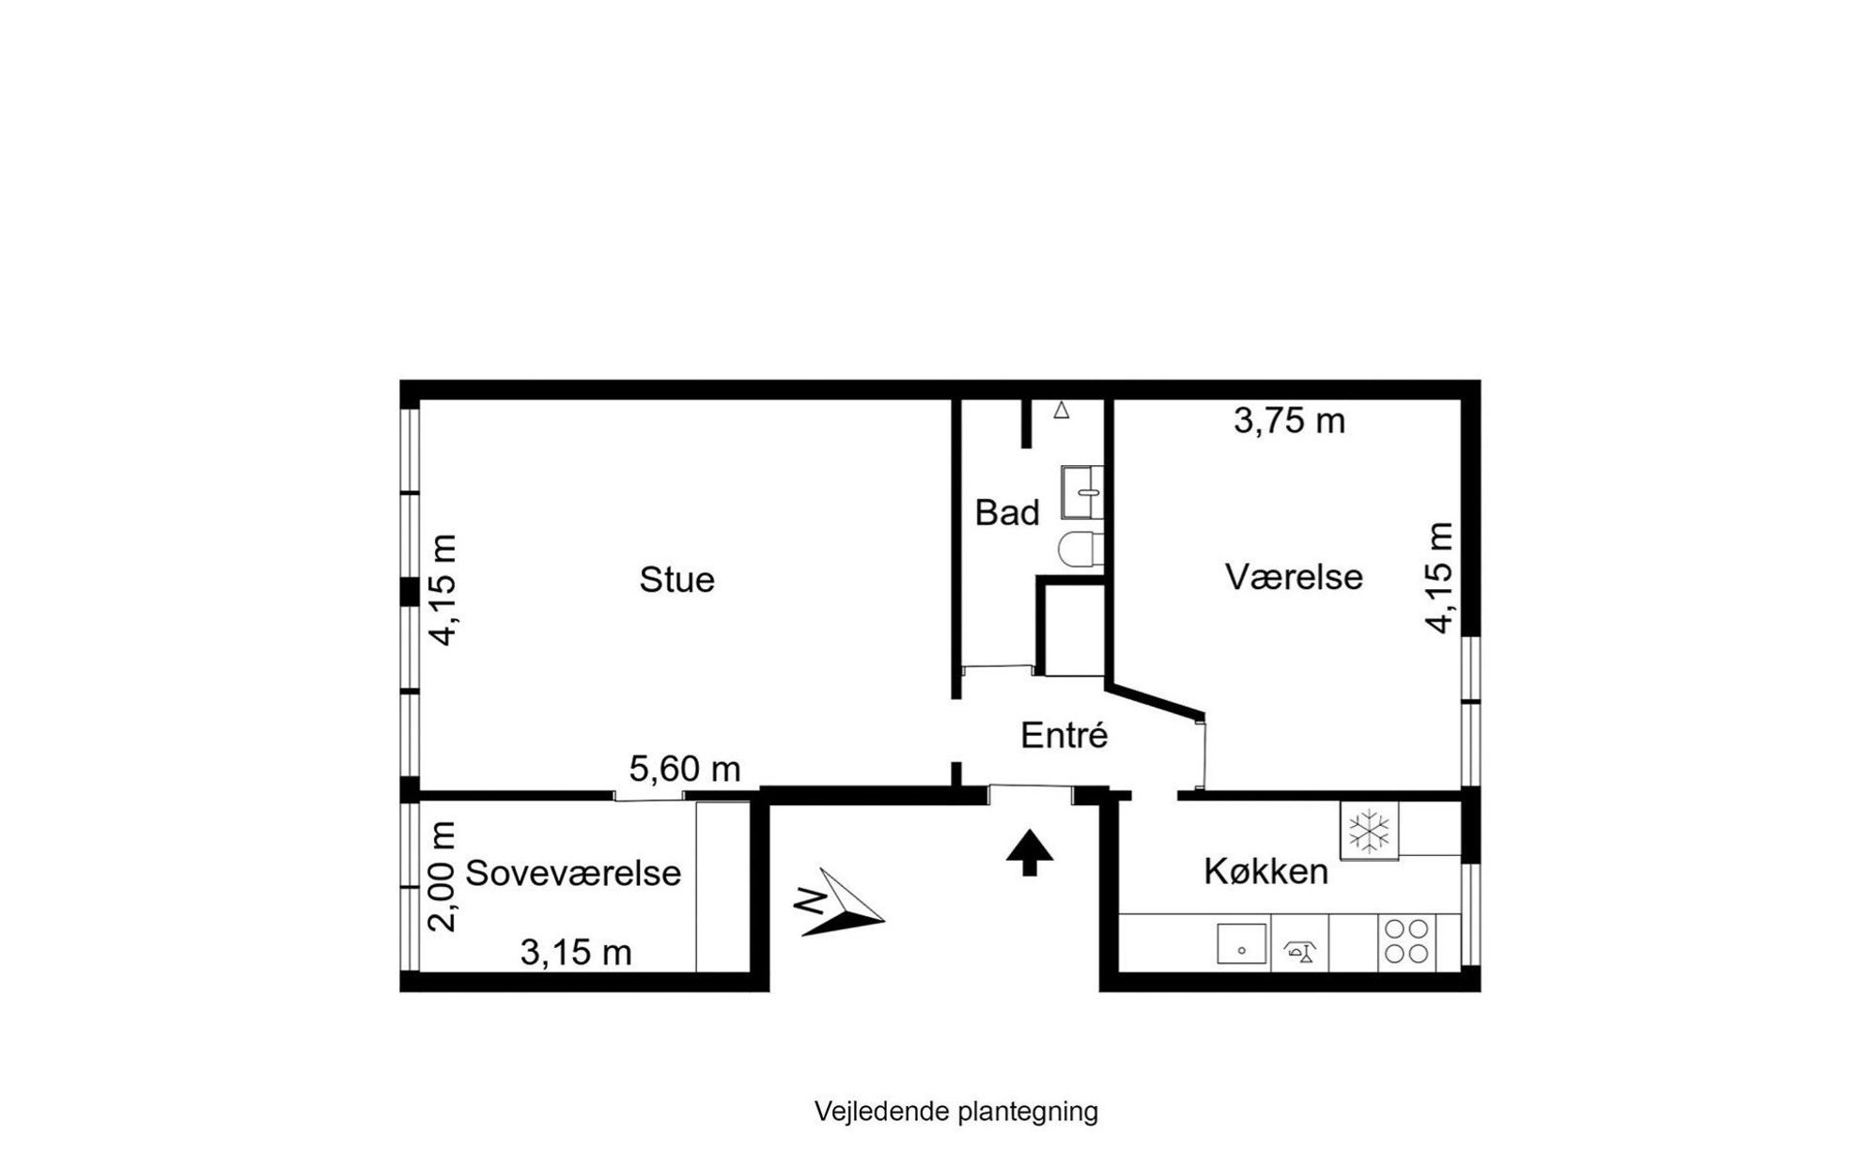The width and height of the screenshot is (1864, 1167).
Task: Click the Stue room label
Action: [x=676, y=579]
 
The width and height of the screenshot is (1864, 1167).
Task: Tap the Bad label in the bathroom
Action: [x=1007, y=513]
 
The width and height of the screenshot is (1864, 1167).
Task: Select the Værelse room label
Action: [x=1294, y=576]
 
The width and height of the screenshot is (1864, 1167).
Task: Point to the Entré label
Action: [x=1064, y=735]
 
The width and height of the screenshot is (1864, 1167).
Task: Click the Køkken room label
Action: [x=1266, y=871]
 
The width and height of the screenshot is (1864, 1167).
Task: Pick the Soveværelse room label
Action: [x=573, y=873]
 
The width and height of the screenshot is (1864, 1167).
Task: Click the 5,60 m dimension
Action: [x=685, y=770]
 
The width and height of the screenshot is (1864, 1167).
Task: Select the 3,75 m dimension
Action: [x=1289, y=421]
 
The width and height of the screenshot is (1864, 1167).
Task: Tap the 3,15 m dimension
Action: [x=576, y=953]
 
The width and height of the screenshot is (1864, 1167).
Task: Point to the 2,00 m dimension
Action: [x=442, y=877]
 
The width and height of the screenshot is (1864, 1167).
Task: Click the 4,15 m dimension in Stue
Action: [x=443, y=590]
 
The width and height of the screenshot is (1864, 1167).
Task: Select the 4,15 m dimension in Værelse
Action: [x=1438, y=578]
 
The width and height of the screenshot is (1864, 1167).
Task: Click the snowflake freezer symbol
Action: [x=1369, y=831]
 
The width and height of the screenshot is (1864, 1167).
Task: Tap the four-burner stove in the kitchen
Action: [x=1406, y=941]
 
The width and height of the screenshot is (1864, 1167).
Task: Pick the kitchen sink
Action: [x=1241, y=943]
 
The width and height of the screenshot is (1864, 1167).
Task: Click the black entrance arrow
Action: [x=1030, y=852]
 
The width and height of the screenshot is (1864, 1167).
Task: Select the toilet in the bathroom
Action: [x=1081, y=548]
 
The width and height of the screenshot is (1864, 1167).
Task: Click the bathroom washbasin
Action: [x=1082, y=491]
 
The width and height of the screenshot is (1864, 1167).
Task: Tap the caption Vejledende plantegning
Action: [x=955, y=1112]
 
